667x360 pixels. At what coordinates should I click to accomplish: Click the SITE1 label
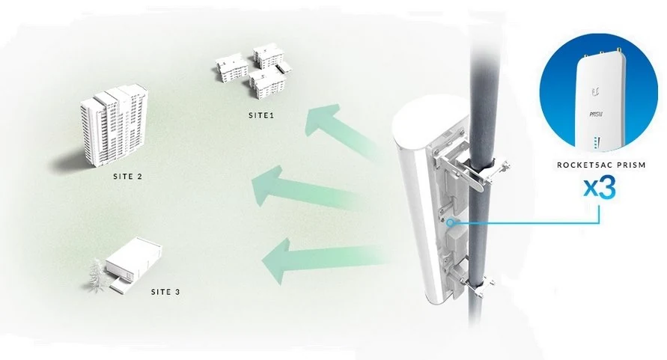click(x=261, y=115)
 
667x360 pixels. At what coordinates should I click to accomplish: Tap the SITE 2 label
click(x=128, y=176)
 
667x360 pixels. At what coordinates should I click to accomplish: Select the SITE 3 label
click(x=165, y=292)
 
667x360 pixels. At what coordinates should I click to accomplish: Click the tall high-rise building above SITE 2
click(x=114, y=126)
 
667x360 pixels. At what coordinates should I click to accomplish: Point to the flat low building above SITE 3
click(x=133, y=265)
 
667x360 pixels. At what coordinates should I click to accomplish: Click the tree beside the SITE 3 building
click(x=97, y=277)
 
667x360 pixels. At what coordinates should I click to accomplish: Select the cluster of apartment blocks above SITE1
click(x=254, y=72)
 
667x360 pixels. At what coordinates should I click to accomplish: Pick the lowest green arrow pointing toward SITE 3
click(x=323, y=260)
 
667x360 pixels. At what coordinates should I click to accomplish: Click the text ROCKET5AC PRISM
click(x=601, y=165)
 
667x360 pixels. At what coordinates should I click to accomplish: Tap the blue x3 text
click(x=599, y=188)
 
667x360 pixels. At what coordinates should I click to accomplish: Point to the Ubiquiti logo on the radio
click(x=594, y=92)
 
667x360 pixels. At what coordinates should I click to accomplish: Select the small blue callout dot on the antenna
click(x=451, y=222)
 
